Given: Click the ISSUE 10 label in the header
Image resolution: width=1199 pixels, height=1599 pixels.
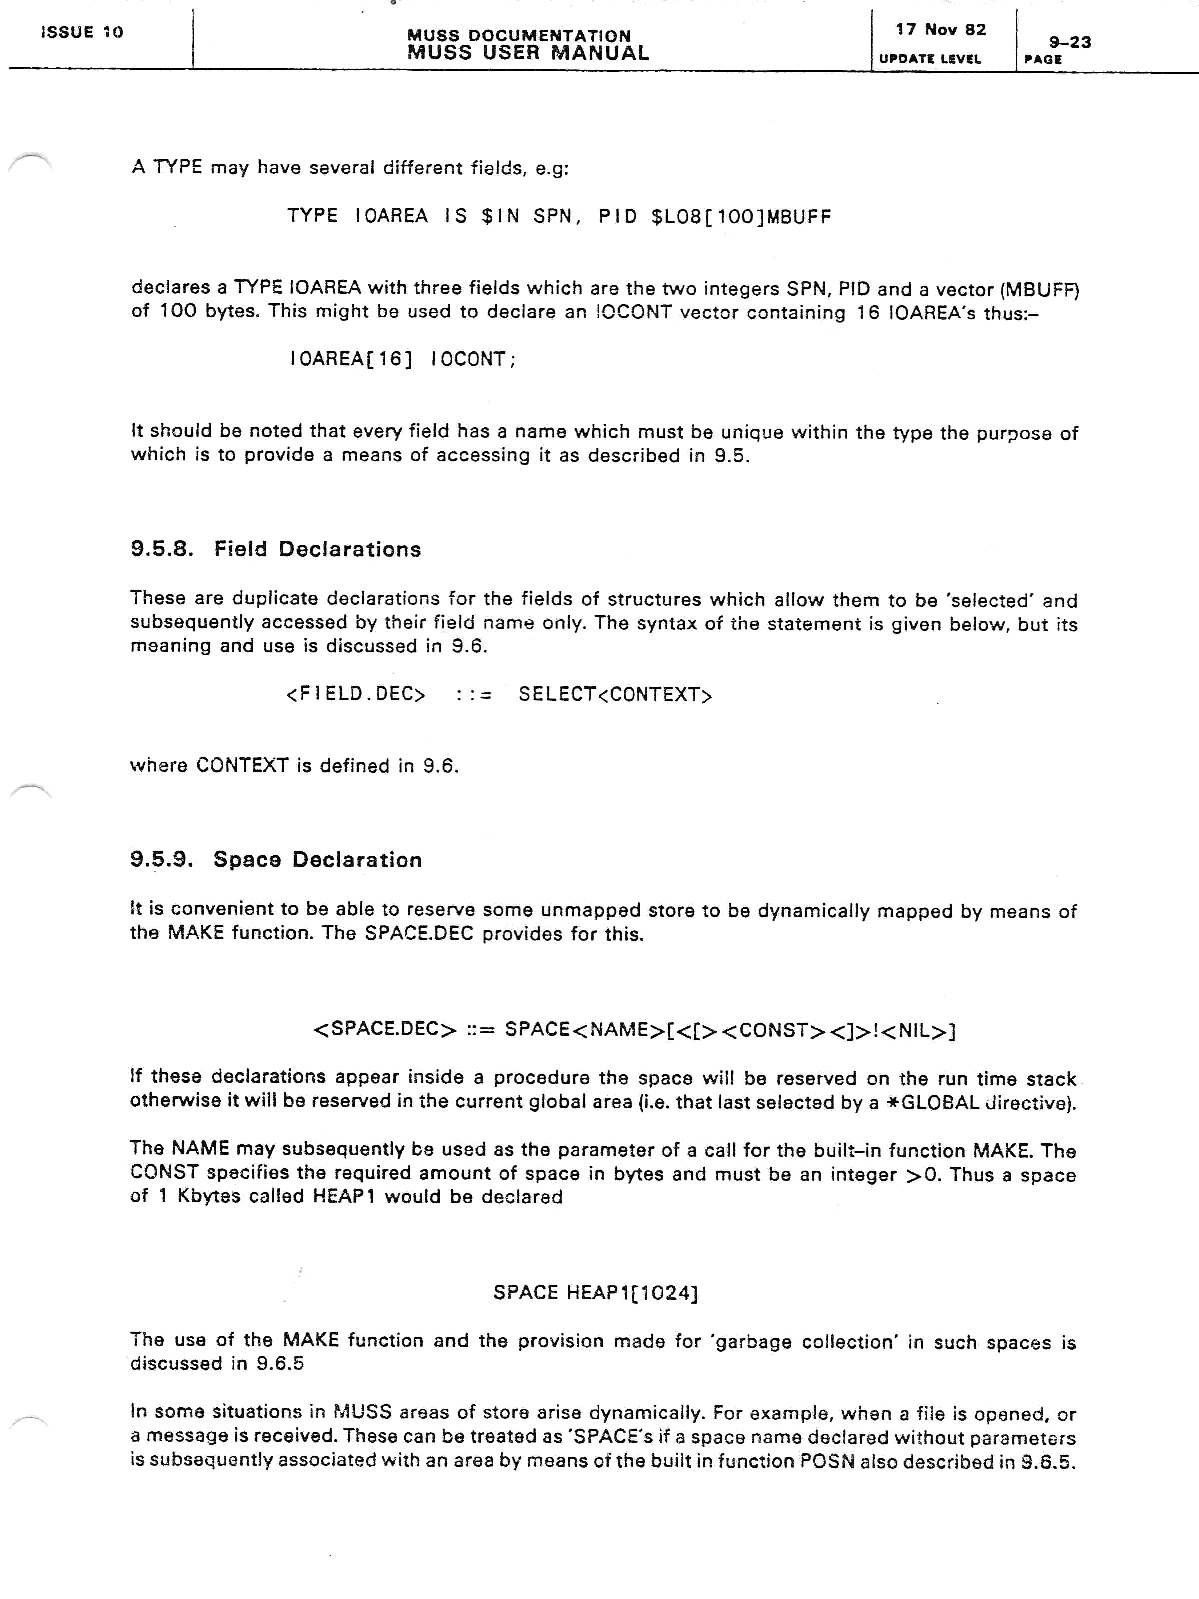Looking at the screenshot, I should (x=82, y=32).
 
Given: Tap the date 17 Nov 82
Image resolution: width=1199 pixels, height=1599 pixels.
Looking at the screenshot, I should (x=940, y=29).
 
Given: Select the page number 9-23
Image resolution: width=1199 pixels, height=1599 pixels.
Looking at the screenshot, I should (x=1070, y=42).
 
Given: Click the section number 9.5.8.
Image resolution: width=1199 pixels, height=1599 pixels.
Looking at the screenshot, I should (x=162, y=549).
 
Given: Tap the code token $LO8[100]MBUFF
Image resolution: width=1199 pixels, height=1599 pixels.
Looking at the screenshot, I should (x=741, y=216).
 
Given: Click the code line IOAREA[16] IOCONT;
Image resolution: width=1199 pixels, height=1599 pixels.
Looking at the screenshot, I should (x=403, y=359).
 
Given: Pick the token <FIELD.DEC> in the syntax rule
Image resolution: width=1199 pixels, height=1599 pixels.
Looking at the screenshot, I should (x=356, y=694).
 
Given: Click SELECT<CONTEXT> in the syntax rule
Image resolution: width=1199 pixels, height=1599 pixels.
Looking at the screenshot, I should (x=615, y=694).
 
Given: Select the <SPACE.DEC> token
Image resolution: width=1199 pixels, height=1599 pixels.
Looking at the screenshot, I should (x=385, y=1029).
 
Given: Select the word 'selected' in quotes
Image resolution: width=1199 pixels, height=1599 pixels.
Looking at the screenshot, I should (x=989, y=600).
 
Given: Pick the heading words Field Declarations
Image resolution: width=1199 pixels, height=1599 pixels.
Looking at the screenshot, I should (x=317, y=549).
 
